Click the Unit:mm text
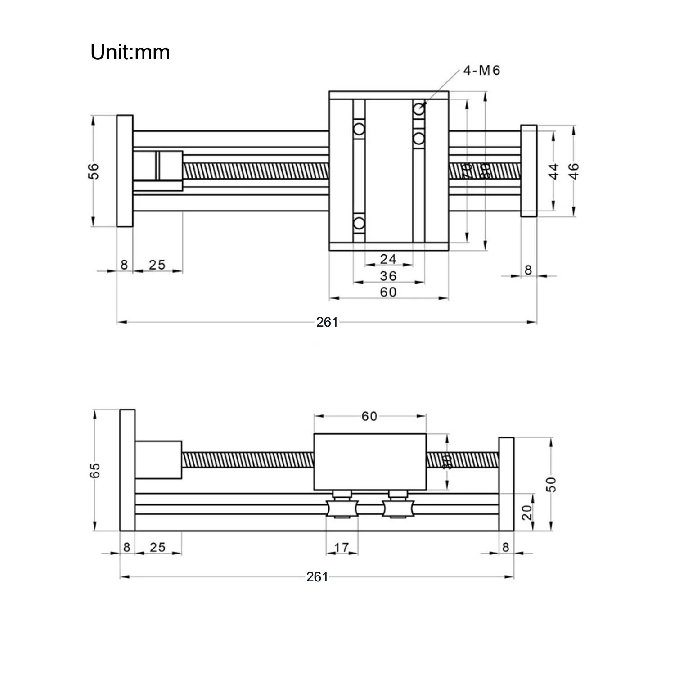(x=130, y=52)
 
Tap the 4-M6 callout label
(x=481, y=71)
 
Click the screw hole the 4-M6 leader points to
(x=419, y=108)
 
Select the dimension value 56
(x=93, y=171)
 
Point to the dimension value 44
(x=554, y=171)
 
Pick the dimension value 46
(x=574, y=171)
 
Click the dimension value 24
(x=388, y=259)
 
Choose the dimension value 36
(x=388, y=275)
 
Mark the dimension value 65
(x=95, y=470)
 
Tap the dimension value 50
(x=552, y=484)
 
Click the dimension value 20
(x=527, y=512)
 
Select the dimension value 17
(x=342, y=547)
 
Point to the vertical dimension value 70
(x=467, y=171)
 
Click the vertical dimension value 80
(x=485, y=171)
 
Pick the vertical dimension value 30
(x=447, y=462)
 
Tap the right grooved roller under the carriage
(x=396, y=508)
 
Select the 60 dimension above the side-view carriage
(x=369, y=416)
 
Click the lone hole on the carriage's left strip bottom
(x=359, y=223)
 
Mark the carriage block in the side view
(x=369, y=462)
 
